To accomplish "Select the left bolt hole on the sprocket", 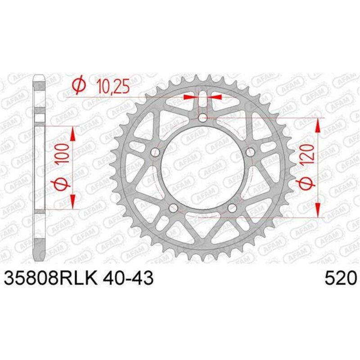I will pos(156,152).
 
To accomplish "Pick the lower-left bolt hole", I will pos(173,207).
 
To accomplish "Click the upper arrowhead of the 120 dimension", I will pos(319,126).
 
